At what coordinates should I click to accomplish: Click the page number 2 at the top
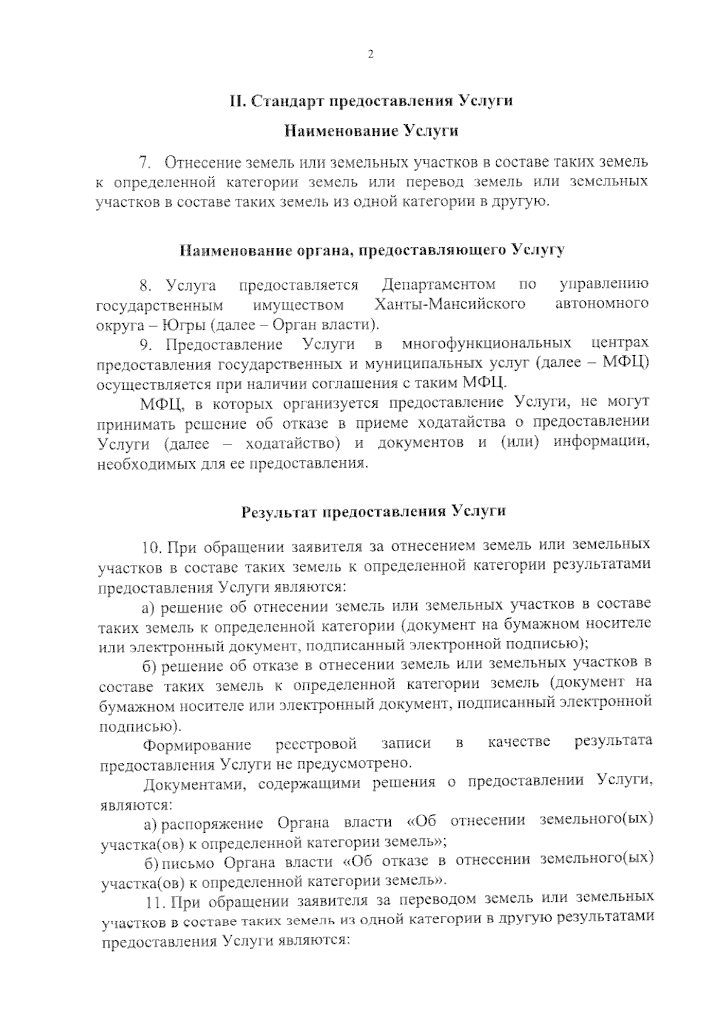click(x=370, y=55)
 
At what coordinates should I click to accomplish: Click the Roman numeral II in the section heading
click(x=236, y=101)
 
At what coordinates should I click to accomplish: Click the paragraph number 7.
click(x=144, y=162)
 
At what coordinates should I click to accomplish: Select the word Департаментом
click(x=439, y=284)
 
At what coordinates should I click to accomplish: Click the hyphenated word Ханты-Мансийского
click(x=450, y=304)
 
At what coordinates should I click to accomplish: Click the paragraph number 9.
click(x=146, y=345)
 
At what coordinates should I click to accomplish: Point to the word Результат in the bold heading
click(x=277, y=512)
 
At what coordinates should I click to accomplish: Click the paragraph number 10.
click(x=152, y=548)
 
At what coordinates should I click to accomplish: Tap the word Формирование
click(x=197, y=744)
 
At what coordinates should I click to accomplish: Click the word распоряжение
click(x=212, y=823)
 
